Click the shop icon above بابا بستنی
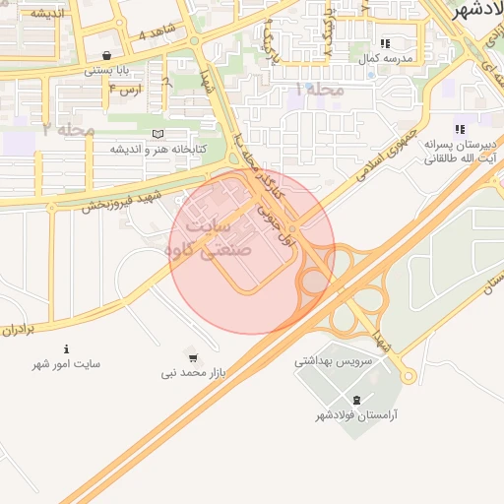pyautogui.click(x=106, y=55)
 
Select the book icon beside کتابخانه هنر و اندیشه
pyautogui.click(x=157, y=133)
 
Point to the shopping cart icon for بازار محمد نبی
pyautogui.click(x=193, y=357)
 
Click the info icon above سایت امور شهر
pyautogui.click(x=66, y=348)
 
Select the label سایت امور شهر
pyautogui.click(x=66, y=364)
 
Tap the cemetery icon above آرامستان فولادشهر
pyautogui.click(x=356, y=399)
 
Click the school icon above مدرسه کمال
pyautogui.click(x=385, y=43)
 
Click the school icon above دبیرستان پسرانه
pyautogui.click(x=459, y=129)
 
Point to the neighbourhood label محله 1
pyautogui.click(x=320, y=90)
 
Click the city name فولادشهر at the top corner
pyautogui.click(x=478, y=11)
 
